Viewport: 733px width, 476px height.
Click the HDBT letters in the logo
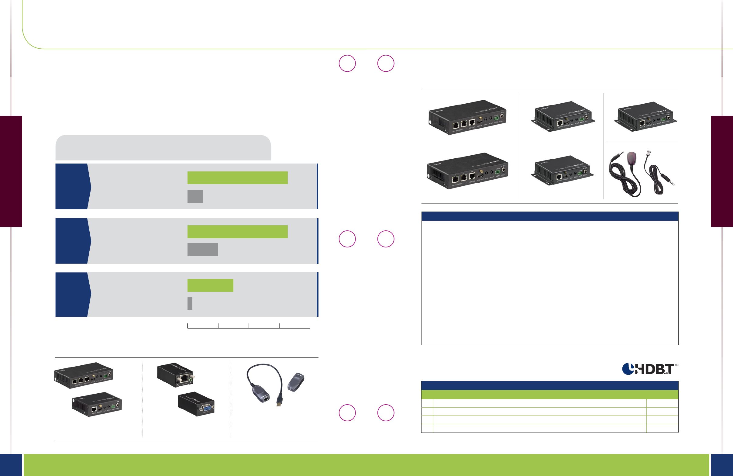pyautogui.click(x=655, y=369)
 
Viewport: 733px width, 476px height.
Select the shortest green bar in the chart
pyautogui.click(x=210, y=285)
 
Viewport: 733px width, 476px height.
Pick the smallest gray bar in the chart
pyautogui.click(x=190, y=303)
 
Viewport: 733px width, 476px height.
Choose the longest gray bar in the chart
pyautogui.click(x=203, y=250)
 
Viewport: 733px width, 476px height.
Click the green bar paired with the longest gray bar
pyautogui.click(x=237, y=232)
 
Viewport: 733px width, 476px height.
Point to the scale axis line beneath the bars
pyautogui.click(x=249, y=328)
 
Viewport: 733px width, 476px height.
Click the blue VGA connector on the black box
pyautogui.click(x=206, y=408)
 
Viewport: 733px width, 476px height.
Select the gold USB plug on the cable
pyautogui.click(x=279, y=403)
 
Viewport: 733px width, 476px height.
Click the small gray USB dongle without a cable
pyautogui.click(x=296, y=382)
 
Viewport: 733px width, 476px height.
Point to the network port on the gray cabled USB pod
pyautogui.click(x=265, y=399)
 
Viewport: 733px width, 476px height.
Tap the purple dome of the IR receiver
pyautogui.click(x=631, y=157)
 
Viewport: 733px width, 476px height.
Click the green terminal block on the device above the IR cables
pyautogui.click(x=663, y=118)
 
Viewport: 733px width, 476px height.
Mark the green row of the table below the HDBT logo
pyautogui.click(x=549, y=395)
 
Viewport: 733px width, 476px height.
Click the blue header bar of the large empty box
pyautogui.click(x=549, y=216)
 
